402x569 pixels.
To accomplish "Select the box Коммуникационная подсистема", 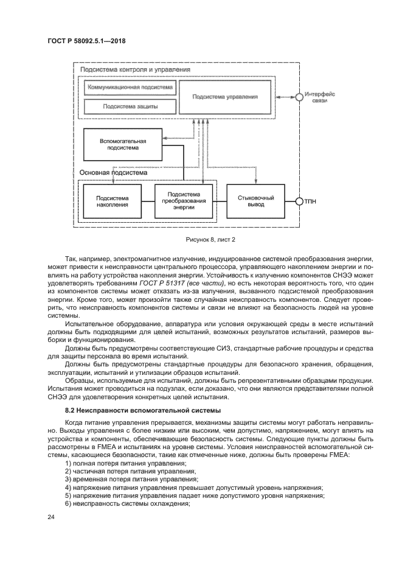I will pyautogui.click(x=130, y=88).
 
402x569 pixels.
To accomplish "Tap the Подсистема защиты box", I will pyautogui.click(x=130, y=106).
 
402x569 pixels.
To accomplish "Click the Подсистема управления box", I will pyautogui.click(x=225, y=97).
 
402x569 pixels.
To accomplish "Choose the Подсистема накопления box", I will pyautogui.click(x=113, y=201).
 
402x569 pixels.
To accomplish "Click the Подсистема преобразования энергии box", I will pyautogui.click(x=183, y=201).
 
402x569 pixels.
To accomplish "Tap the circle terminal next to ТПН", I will pyautogui.click(x=299, y=201).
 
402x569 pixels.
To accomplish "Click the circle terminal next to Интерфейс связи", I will pyautogui.click(x=299, y=97).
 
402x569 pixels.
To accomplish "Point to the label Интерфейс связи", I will pyautogui.click(x=320, y=97).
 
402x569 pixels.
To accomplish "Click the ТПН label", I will pyautogui.click(x=311, y=201).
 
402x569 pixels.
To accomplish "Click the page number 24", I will pyautogui.click(x=51, y=517).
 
